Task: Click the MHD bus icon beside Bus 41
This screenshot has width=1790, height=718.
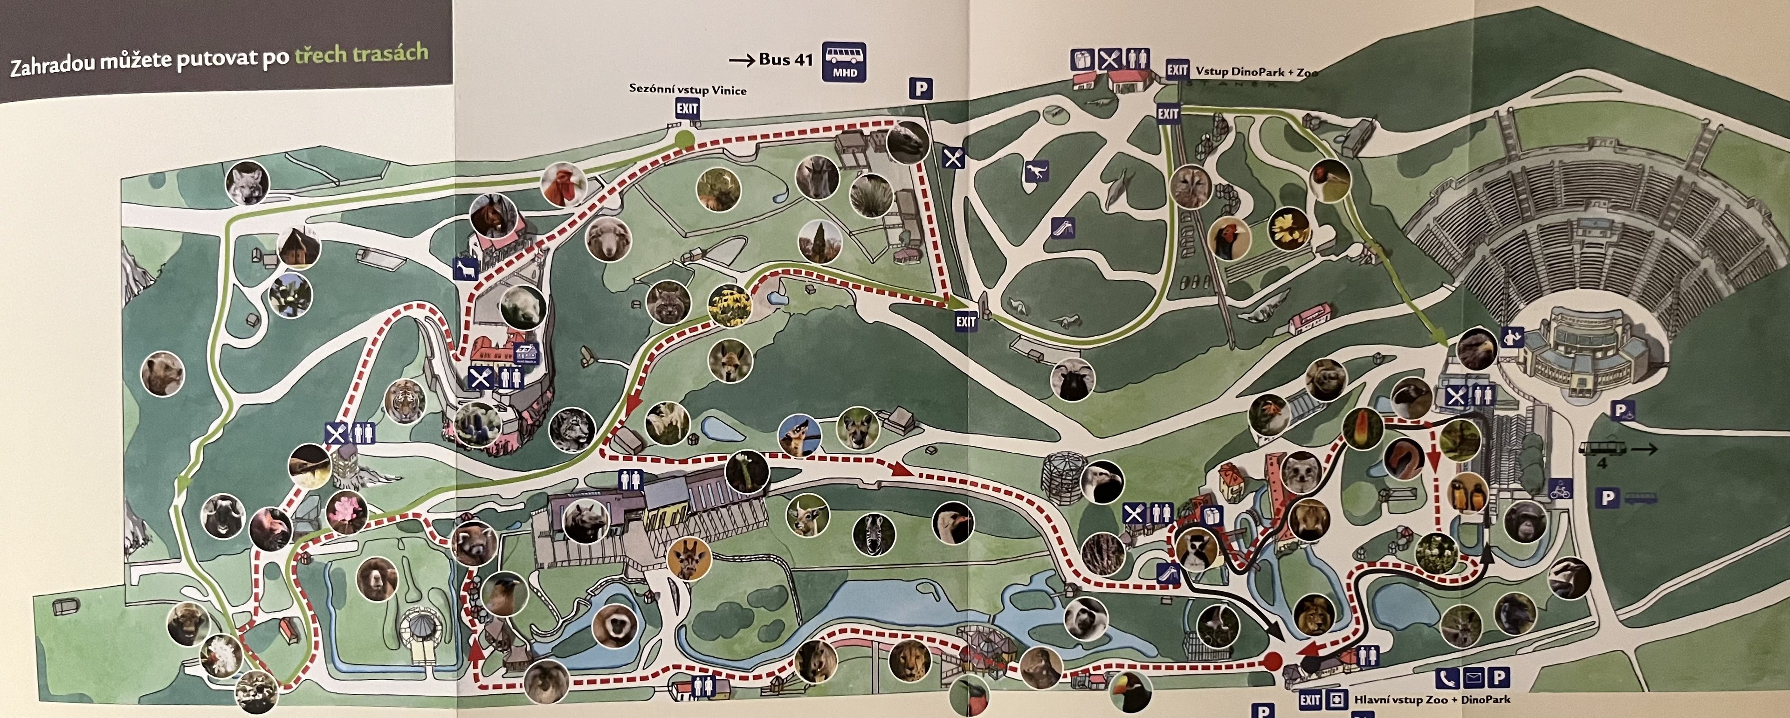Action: (x=844, y=62)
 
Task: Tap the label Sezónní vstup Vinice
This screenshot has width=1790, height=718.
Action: (x=687, y=89)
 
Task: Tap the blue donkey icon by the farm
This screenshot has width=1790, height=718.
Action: (x=463, y=269)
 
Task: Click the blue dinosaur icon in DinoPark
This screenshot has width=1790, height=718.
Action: (x=1035, y=171)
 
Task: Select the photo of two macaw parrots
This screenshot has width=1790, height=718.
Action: (x=1467, y=493)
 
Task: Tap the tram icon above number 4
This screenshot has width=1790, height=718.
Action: (x=1604, y=449)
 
